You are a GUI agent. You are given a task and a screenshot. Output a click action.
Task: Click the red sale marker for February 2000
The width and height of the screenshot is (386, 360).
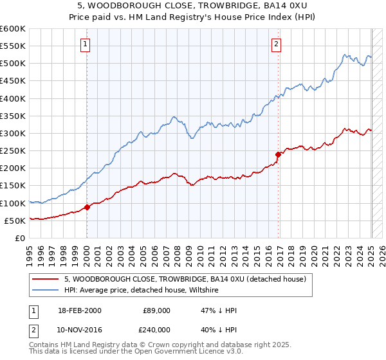pyautogui.click(x=87, y=207)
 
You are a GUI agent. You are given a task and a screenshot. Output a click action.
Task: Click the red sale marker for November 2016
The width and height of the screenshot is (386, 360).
pyautogui.click(x=278, y=154)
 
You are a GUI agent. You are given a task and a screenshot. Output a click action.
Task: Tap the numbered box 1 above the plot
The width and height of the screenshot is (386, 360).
pyautogui.click(x=86, y=44)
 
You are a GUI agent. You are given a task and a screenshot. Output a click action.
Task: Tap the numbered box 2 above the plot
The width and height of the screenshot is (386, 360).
pyautogui.click(x=276, y=44)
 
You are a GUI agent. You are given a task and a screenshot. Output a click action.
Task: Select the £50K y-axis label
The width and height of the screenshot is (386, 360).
pyautogui.click(x=15, y=221)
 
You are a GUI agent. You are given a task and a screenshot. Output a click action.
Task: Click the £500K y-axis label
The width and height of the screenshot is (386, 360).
pyautogui.click(x=13, y=64)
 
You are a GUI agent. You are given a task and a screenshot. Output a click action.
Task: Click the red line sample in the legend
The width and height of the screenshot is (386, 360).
pyautogui.click(x=46, y=279)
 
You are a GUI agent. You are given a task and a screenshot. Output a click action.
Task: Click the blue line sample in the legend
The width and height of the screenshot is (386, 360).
pyautogui.click(x=46, y=290)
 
